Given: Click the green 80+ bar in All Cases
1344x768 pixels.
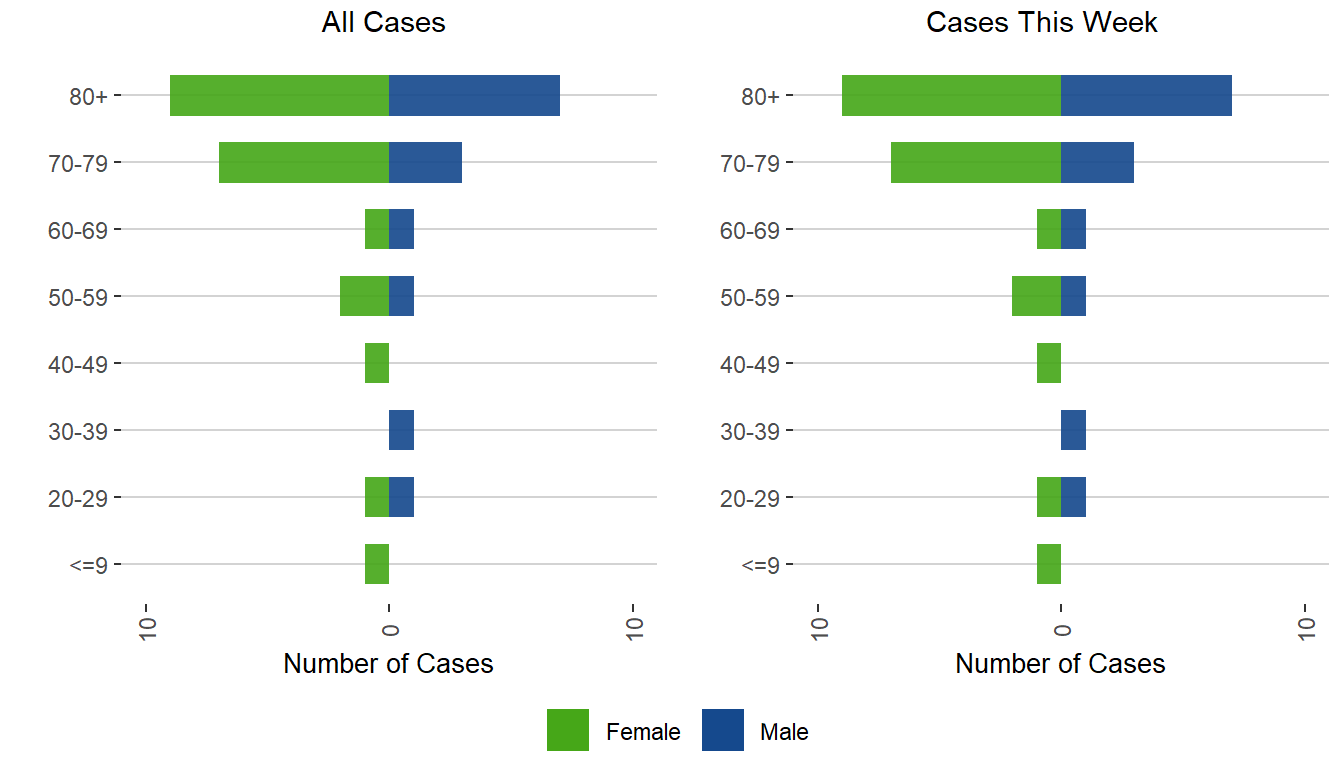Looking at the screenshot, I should (x=279, y=96).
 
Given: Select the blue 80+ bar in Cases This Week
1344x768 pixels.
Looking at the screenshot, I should (x=1146, y=96).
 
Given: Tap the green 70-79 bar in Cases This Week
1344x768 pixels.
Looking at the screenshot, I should (x=976, y=163).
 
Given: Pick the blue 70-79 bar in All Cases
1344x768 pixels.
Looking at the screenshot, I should (x=425, y=163).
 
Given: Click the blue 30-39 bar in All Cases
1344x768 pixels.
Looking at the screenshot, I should (x=401, y=430).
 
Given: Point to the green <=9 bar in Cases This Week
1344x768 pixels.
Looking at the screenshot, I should (x=1049, y=564).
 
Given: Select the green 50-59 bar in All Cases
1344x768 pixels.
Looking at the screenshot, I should (x=364, y=296).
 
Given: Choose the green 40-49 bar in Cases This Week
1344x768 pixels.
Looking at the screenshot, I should (x=1049, y=363).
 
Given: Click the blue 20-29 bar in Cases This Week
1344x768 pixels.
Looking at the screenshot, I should (x=1073, y=497).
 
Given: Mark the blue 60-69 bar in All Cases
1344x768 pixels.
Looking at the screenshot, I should (x=401, y=229).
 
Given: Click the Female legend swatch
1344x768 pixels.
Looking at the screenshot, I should (x=568, y=730).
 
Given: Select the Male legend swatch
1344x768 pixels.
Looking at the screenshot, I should (x=722, y=730).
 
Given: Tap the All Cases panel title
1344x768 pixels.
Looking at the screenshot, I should (x=383, y=23).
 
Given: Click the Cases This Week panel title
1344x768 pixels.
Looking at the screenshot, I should (x=1042, y=23).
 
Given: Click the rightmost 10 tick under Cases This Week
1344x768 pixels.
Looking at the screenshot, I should (x=1305, y=624).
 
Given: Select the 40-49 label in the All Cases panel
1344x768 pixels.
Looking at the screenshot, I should (x=78, y=364).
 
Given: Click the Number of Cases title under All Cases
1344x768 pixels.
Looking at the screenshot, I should (x=388, y=664).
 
